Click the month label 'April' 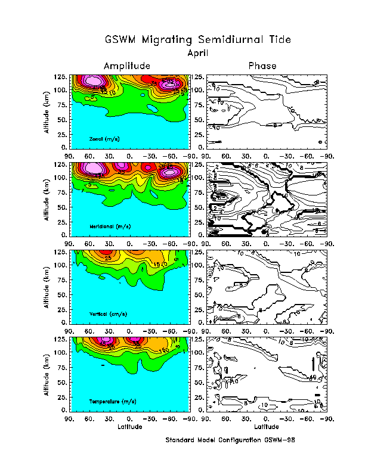[x=197, y=52]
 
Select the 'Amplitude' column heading [x=127, y=66]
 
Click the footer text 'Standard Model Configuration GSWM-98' [x=231, y=440]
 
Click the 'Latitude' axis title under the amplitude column [x=130, y=427]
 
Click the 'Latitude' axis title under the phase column [x=266, y=427]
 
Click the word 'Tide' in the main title [x=279, y=40]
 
